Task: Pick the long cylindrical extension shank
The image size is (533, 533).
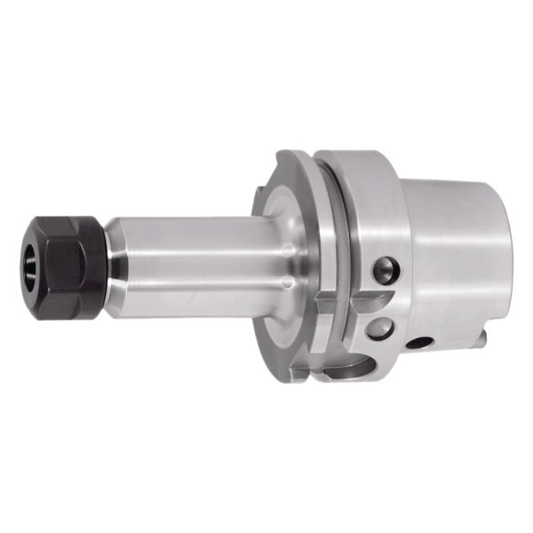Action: pos(195,258)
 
